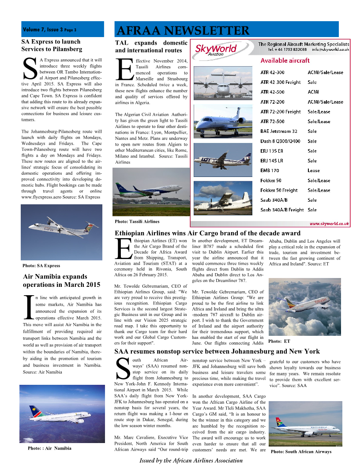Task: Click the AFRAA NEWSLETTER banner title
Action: coord(183,30)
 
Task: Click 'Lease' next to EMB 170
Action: coord(314,170)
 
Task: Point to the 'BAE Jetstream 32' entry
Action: coord(279,131)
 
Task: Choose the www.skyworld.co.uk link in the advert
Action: coord(329,224)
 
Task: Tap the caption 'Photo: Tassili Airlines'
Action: coord(137,221)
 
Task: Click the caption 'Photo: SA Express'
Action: coord(41,266)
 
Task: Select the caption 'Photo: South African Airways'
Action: coord(301,451)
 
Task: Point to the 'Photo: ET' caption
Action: coord(279,341)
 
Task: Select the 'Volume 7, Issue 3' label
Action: coord(49,30)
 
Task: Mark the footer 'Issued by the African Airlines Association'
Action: coord(191,460)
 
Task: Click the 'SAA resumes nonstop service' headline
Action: coord(217,351)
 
